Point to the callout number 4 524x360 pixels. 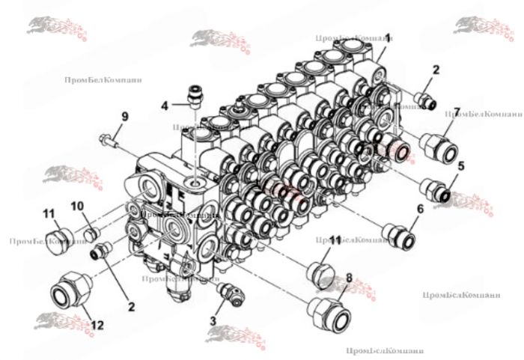(x=165, y=105)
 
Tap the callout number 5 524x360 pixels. (x=462, y=167)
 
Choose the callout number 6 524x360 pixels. (x=421, y=211)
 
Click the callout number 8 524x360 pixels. (x=349, y=278)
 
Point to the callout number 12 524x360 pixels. (x=98, y=326)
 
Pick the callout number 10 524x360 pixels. (x=78, y=206)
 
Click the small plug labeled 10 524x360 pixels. (x=90, y=237)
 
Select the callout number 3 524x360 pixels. (x=213, y=320)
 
